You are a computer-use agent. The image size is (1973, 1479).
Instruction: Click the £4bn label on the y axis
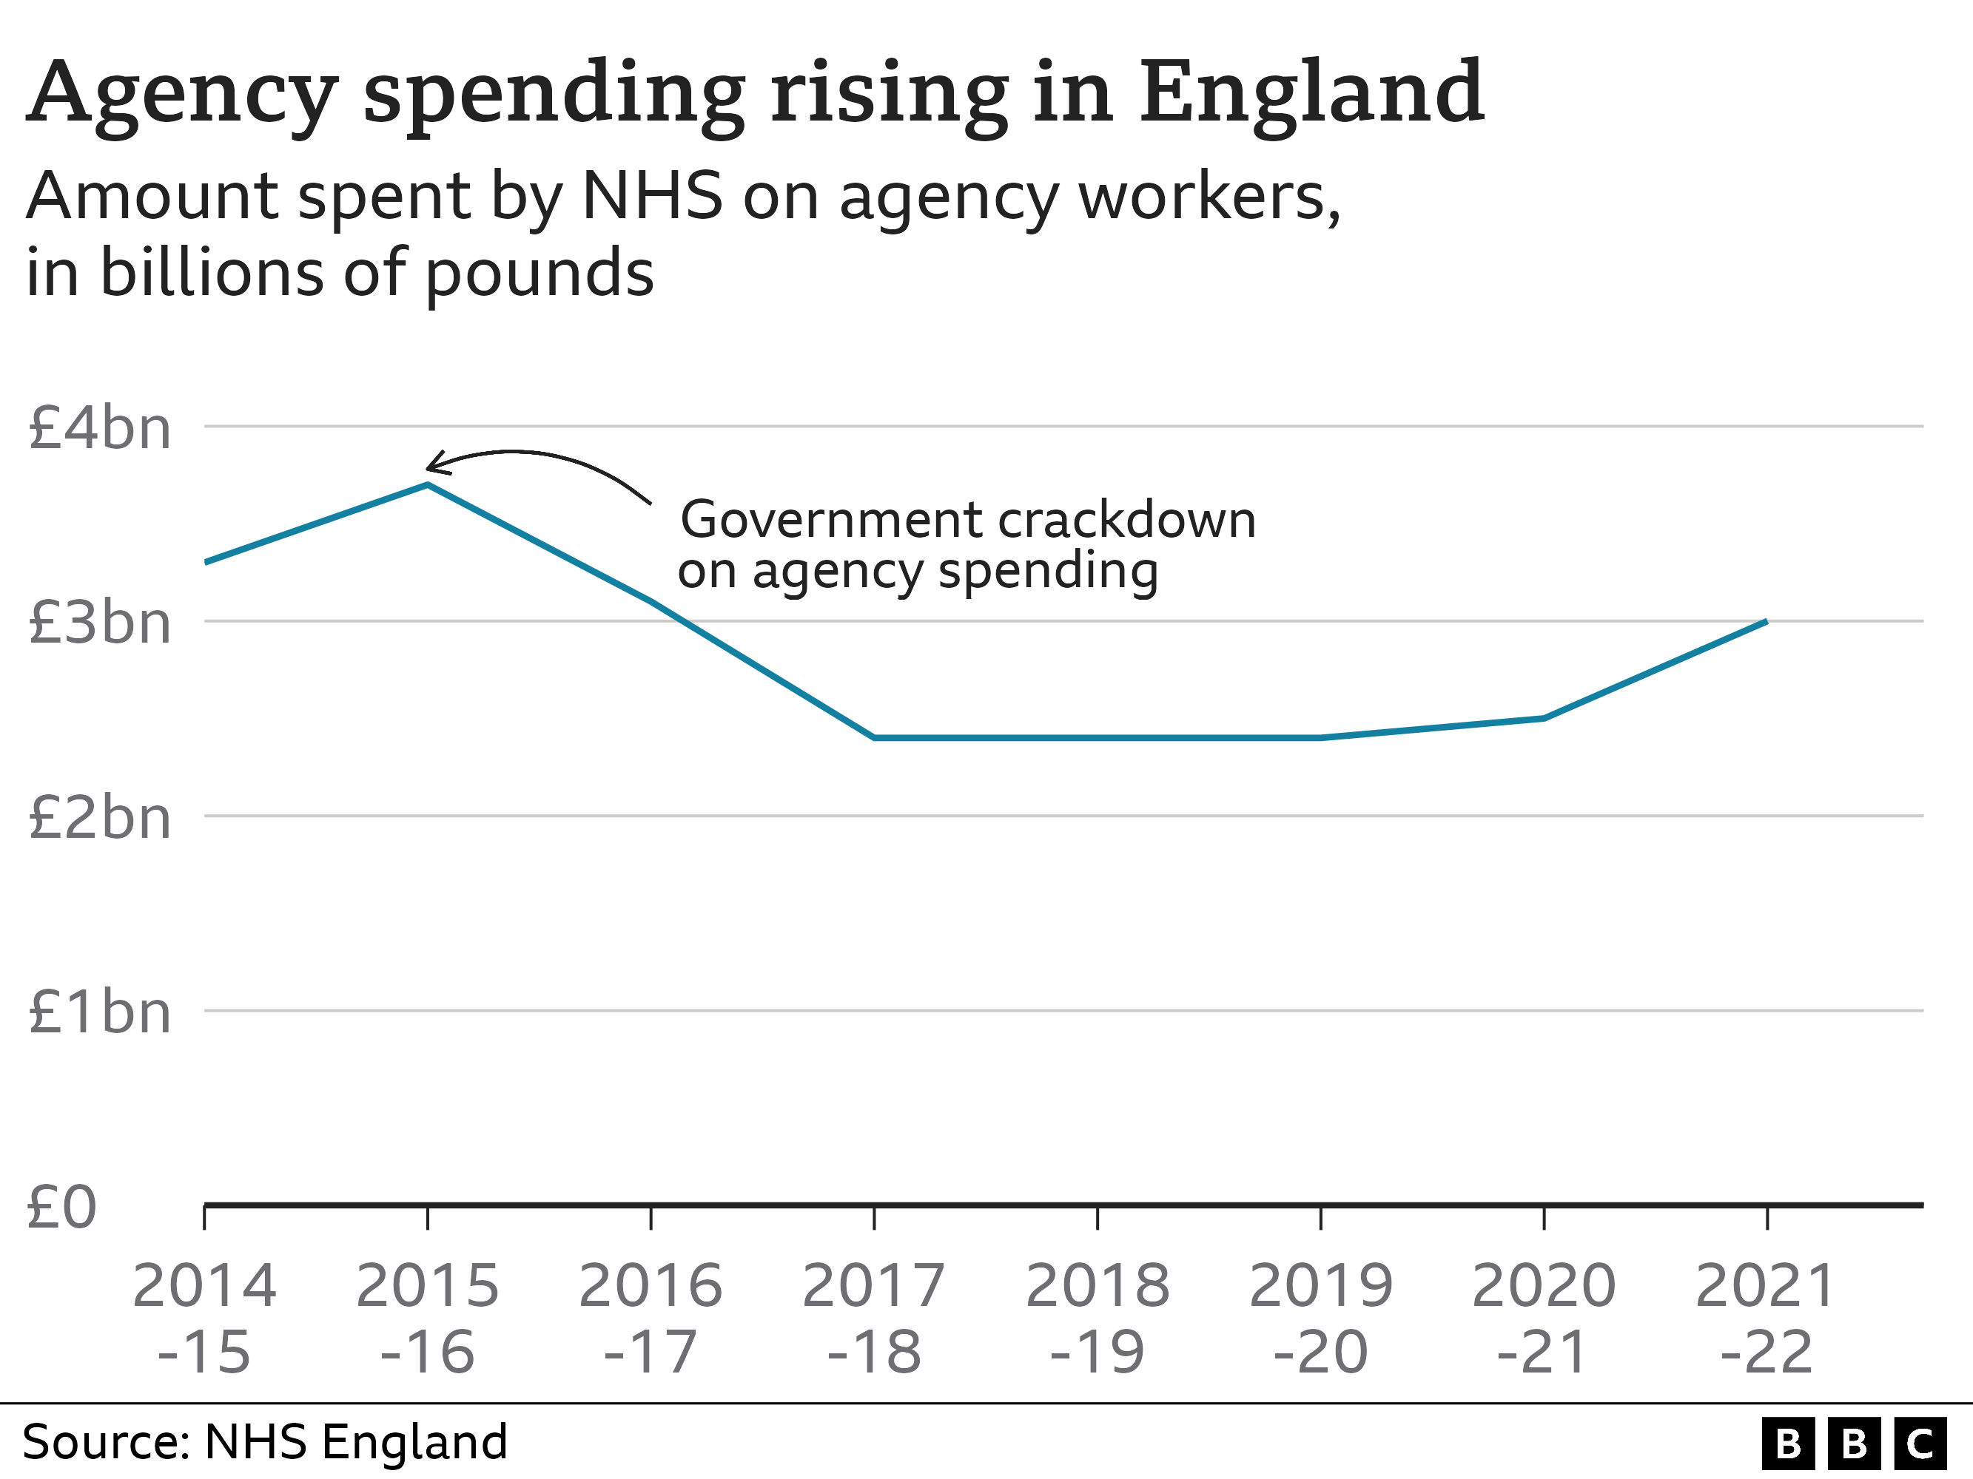click(99, 428)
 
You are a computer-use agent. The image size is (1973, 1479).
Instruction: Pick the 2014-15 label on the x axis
click(204, 1319)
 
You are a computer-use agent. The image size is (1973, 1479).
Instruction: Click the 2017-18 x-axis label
click(873, 1319)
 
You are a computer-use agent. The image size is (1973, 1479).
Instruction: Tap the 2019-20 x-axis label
click(1320, 1319)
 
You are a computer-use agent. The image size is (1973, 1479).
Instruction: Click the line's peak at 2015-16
click(428, 484)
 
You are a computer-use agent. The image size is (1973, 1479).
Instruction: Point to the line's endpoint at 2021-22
click(1766, 620)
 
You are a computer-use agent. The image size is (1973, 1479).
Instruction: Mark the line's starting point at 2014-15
click(206, 561)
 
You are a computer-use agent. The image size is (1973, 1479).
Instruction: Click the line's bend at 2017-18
click(874, 738)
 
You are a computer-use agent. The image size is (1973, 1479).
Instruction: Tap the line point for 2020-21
click(1544, 717)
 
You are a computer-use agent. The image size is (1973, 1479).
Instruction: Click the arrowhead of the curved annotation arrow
click(431, 464)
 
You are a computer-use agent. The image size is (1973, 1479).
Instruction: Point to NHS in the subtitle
click(651, 195)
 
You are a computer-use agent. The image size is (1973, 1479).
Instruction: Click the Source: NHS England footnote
click(265, 1441)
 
